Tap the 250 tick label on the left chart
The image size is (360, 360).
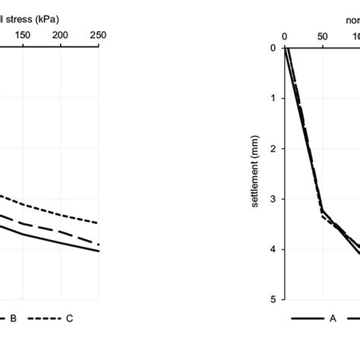(x=98, y=36)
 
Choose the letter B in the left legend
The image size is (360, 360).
(x=13, y=318)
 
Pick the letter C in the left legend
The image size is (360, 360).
(x=69, y=318)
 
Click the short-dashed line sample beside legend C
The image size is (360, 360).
(x=46, y=318)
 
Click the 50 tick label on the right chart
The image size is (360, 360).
(x=322, y=36)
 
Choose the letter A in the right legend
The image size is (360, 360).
(x=332, y=318)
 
